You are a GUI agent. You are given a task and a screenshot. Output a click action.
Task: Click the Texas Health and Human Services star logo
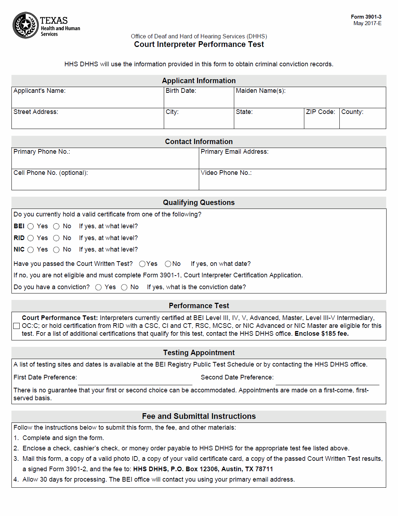[x=26, y=25]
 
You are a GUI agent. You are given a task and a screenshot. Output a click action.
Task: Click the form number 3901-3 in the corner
[x=366, y=17]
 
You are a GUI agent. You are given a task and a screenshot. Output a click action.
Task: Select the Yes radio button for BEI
[x=31, y=226]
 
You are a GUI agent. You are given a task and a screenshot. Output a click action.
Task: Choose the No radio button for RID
[x=56, y=238]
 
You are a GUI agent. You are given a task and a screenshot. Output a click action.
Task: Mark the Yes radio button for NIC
[x=31, y=250]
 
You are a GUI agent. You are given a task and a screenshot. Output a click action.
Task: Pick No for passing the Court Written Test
[x=168, y=264]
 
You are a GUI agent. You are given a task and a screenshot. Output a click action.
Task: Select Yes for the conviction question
[x=99, y=287]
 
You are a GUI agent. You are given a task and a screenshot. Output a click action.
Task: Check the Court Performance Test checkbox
[x=16, y=326]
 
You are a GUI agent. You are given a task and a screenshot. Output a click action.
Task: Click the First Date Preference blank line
[x=135, y=381]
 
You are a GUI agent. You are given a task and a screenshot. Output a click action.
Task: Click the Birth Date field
[x=199, y=100]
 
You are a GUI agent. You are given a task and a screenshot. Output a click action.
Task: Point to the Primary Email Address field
[x=293, y=161]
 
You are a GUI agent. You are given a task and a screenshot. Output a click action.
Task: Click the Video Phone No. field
[x=293, y=182]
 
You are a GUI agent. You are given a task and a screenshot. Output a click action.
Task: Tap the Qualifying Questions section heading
[x=199, y=202]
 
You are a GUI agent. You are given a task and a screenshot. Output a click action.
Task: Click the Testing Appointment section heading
[x=199, y=353]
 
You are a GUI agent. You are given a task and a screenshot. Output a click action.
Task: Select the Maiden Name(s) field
[x=310, y=100]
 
